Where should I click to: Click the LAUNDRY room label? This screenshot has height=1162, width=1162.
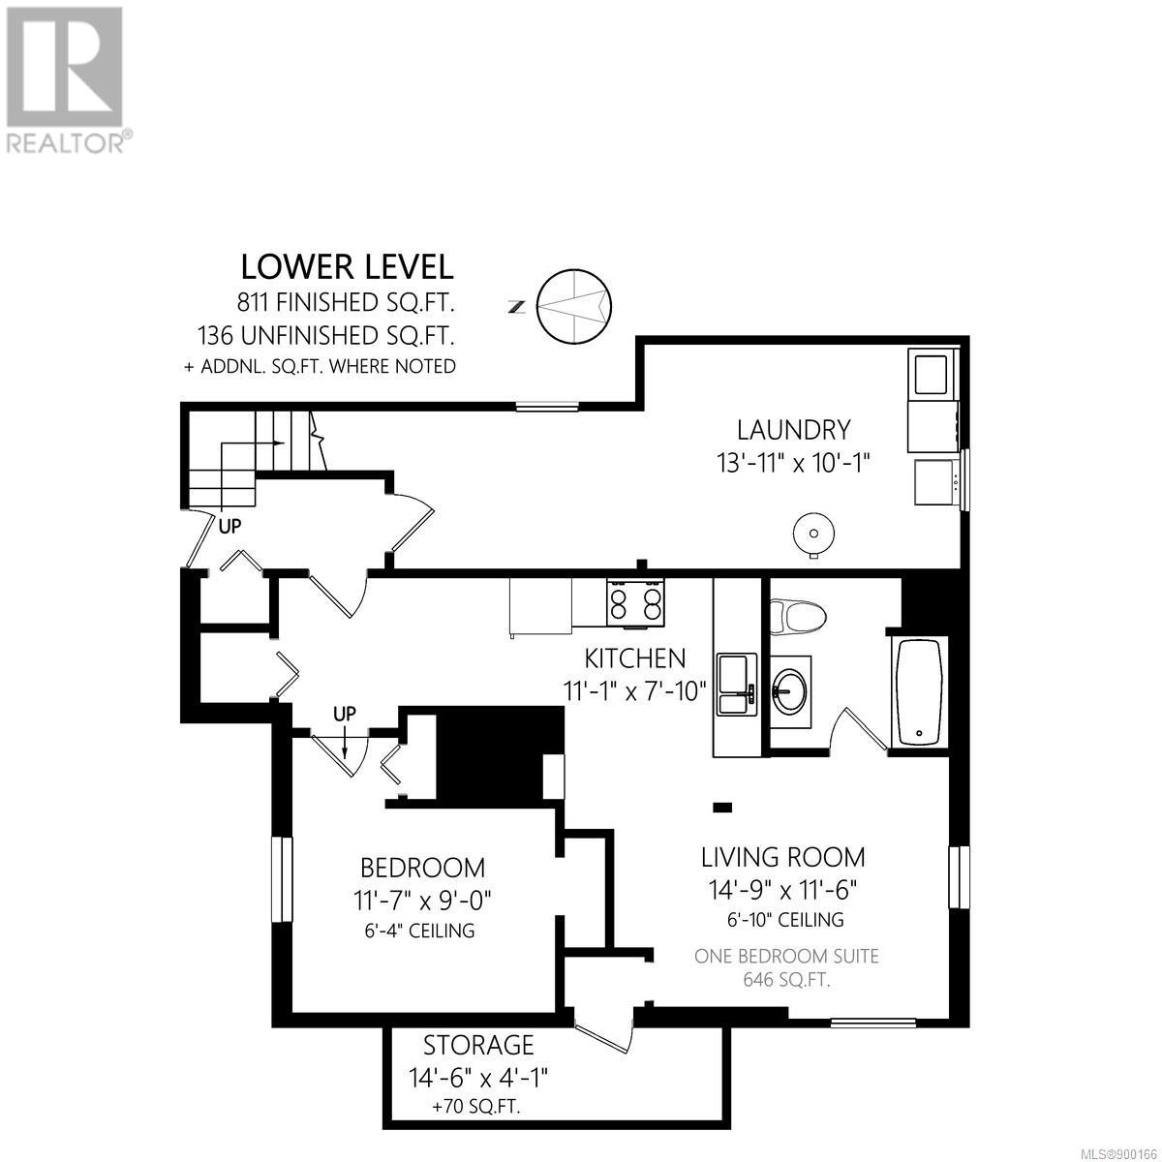coord(794,430)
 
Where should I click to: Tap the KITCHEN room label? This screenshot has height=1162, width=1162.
coord(635,658)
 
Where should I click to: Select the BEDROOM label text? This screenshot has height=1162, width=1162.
coord(423,869)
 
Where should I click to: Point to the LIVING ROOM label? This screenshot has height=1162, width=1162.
coord(782,857)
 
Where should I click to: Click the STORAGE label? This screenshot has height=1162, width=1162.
coord(478,1045)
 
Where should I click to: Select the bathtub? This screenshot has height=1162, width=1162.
coord(919,694)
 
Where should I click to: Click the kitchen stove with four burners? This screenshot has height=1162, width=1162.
coord(635,602)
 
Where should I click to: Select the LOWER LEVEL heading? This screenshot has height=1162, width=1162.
coord(347,267)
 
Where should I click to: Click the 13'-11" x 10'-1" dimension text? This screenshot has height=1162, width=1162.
coord(793,465)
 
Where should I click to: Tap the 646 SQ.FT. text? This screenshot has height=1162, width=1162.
coord(786,980)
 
